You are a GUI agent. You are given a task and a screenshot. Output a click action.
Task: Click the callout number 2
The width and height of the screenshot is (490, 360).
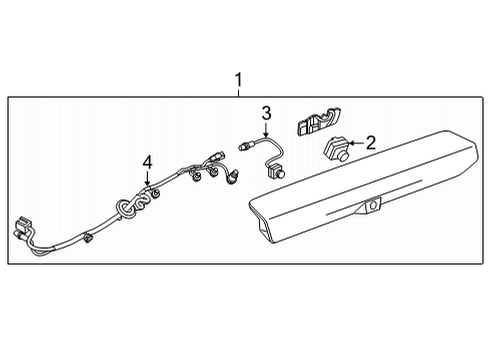point(369,143)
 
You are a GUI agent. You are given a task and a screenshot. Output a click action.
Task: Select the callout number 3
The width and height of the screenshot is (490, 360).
point(267,112)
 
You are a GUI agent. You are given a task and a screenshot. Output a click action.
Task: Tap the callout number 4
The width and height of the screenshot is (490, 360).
point(146,162)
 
